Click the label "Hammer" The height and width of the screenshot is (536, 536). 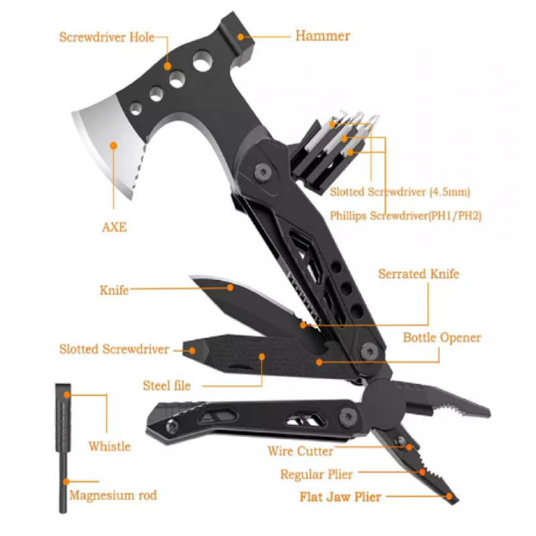322,36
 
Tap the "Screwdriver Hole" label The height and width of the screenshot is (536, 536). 107,37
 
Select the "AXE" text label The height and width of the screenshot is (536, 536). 114,227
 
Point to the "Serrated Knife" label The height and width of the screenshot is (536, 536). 419,274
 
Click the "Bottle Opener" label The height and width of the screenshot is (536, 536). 442,338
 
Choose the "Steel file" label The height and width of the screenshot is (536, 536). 167,385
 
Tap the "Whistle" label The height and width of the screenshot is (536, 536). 109,446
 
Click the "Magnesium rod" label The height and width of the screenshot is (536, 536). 113,496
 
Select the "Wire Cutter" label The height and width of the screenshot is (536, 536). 300,451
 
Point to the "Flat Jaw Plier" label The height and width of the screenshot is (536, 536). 341,497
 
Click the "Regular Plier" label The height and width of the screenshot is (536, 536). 316,475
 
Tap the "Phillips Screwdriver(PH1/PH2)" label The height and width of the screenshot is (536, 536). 406,216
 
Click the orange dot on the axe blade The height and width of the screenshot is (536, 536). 114,145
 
